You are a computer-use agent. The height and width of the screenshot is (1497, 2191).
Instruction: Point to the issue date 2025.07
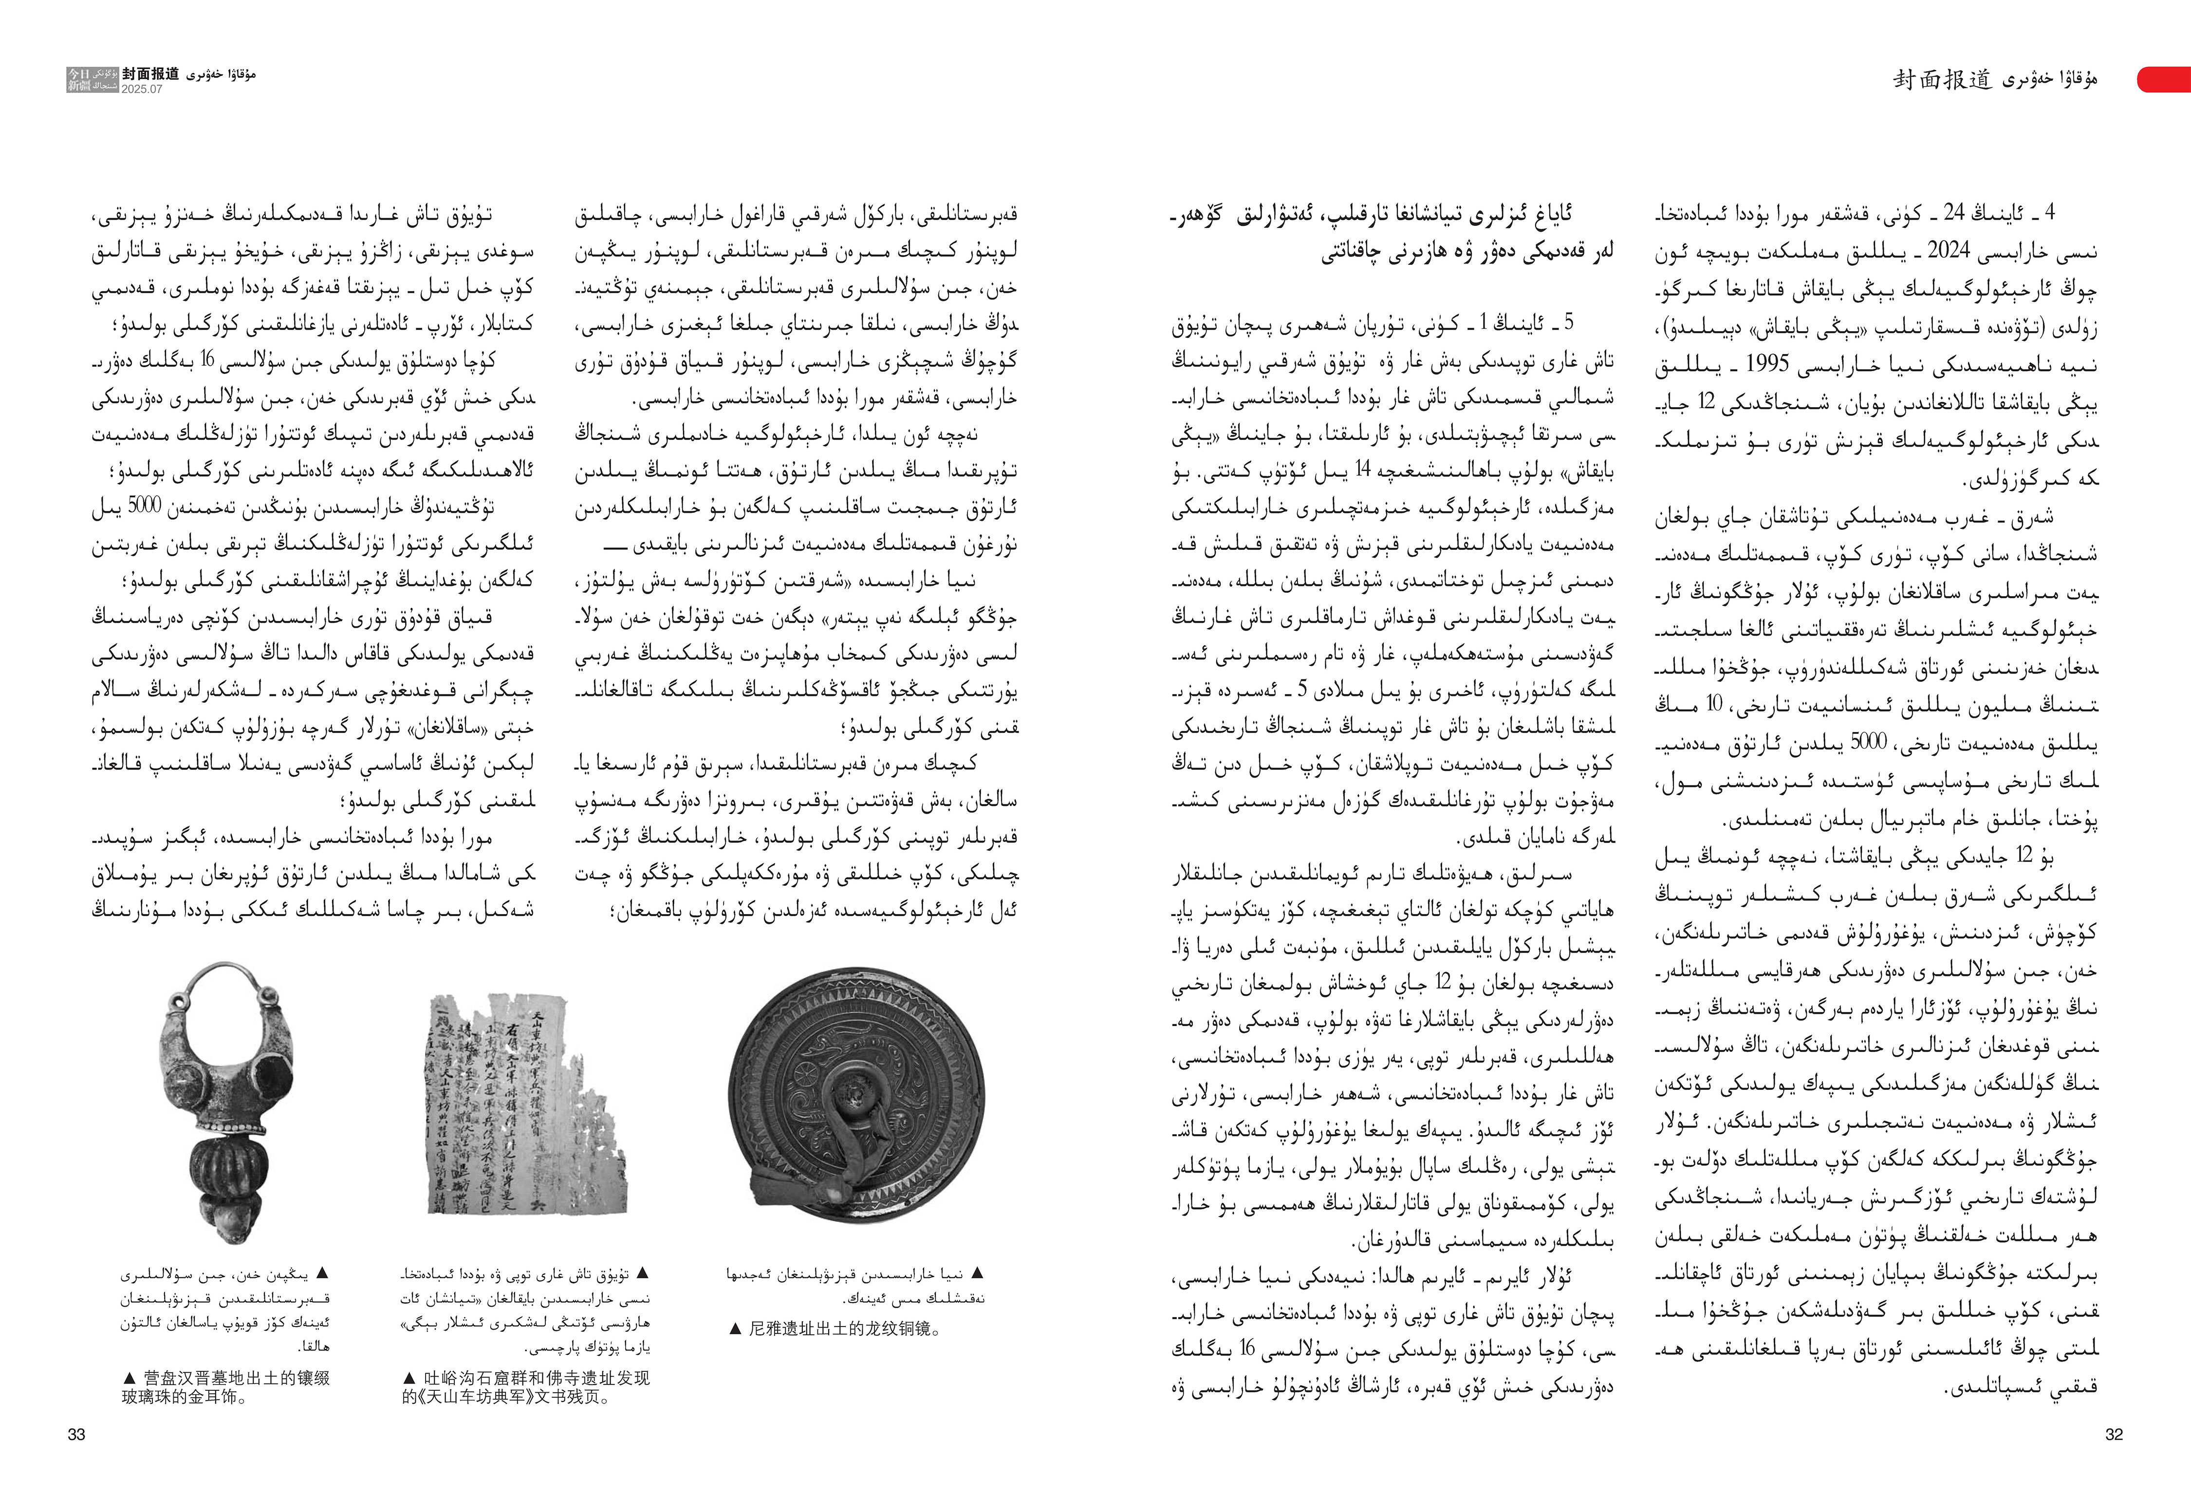141,89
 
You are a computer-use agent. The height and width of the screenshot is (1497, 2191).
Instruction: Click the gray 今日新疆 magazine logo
79,79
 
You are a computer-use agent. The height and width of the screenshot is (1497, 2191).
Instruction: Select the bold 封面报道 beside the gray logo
151,74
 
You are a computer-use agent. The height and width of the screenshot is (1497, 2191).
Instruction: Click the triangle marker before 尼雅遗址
735,1329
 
